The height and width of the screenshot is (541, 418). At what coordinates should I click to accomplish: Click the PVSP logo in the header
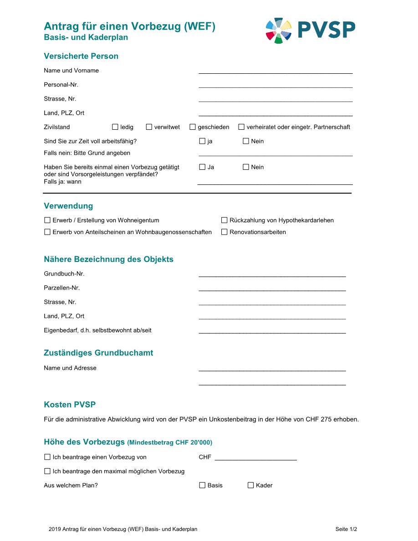[x=310, y=31]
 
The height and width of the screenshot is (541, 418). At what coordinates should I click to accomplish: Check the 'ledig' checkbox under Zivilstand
[x=115, y=127]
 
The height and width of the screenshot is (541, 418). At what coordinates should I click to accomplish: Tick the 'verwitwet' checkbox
[x=149, y=127]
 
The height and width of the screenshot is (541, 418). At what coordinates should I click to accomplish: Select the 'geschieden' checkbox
[x=193, y=127]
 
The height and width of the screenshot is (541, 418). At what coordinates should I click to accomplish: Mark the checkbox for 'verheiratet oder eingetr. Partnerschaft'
[x=241, y=127]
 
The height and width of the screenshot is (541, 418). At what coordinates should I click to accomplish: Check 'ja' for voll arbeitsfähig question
[x=202, y=141]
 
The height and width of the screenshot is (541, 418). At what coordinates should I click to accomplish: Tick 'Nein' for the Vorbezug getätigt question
[x=246, y=167]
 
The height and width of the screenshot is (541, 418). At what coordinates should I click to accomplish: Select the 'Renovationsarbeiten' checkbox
[x=224, y=232]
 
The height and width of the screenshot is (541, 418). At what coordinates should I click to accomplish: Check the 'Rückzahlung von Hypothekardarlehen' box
[x=224, y=220]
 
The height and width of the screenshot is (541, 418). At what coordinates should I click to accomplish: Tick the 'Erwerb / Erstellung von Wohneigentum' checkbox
[x=47, y=220]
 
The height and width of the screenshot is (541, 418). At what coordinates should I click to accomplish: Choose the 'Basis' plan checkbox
[x=202, y=485]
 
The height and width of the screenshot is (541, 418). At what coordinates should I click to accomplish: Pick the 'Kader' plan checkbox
[x=250, y=485]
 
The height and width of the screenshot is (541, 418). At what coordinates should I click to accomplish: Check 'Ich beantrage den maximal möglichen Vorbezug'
[x=47, y=471]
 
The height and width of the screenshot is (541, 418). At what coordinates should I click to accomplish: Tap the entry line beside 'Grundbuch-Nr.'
[x=272, y=274]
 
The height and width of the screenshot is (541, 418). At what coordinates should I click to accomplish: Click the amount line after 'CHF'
[x=255, y=457]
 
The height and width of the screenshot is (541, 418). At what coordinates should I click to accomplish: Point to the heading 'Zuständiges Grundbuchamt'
[x=98, y=353]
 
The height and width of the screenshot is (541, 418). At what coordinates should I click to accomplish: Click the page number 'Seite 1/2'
[x=346, y=529]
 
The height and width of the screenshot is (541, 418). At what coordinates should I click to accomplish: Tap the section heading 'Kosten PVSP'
[x=70, y=405]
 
